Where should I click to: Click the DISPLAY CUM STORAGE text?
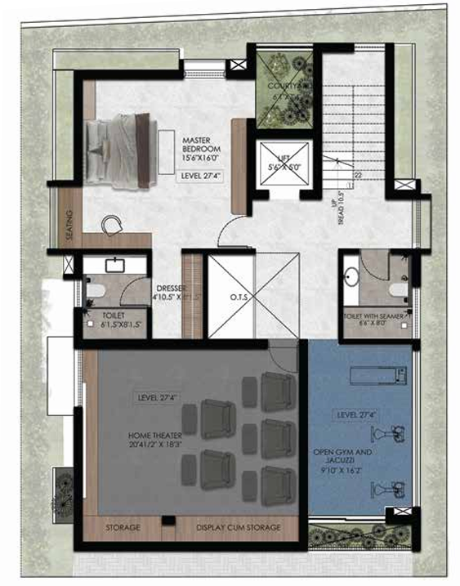[238, 528]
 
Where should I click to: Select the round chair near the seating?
[112, 223]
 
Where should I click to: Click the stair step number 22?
[357, 175]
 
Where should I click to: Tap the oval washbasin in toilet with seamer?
[352, 275]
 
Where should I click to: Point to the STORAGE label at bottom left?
[123, 528]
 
